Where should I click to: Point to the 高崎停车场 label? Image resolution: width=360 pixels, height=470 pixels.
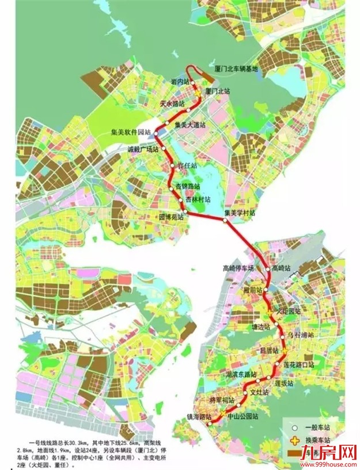238,268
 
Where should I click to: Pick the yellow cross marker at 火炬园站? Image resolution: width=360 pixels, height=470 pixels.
270,311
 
